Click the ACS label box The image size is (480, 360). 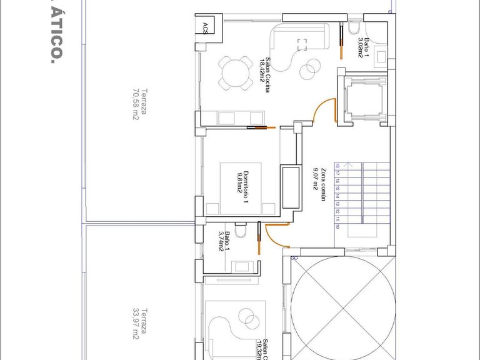(206, 26)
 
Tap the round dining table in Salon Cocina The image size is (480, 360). (232, 72)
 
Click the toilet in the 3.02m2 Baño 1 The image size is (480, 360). (353, 28)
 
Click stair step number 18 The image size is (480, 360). (337, 166)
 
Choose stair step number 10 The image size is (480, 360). (337, 227)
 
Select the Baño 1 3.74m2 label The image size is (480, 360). (224, 241)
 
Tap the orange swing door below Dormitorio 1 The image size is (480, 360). (273, 236)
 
